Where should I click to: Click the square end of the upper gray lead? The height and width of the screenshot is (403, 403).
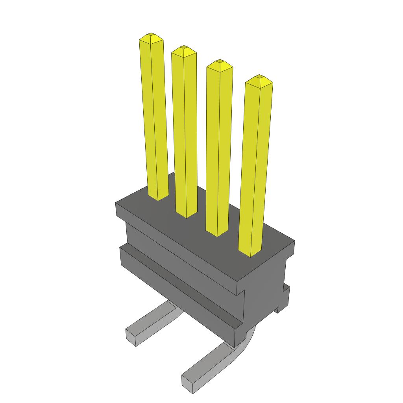tap(131, 336)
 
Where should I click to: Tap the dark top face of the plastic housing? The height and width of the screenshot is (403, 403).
tap(205, 232)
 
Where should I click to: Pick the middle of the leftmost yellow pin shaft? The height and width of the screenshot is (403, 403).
tap(154, 118)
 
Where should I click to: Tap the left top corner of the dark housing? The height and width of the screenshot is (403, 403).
tap(116, 203)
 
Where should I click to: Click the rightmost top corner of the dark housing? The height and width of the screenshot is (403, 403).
tap(294, 242)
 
